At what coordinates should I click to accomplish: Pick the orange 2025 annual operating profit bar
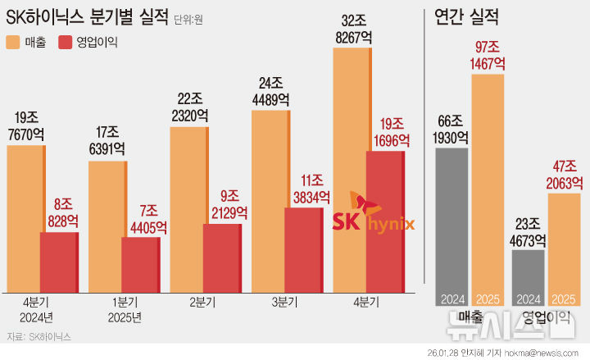(565, 246)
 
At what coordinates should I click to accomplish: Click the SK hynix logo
(373, 215)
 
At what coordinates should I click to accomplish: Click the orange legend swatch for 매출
(15, 41)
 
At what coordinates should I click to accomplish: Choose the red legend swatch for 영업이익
(66, 41)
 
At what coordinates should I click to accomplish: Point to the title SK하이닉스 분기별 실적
(87, 16)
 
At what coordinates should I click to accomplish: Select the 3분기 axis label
(285, 303)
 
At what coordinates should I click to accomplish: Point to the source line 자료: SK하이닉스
(38, 336)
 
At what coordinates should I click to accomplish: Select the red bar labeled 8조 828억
(59, 261)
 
